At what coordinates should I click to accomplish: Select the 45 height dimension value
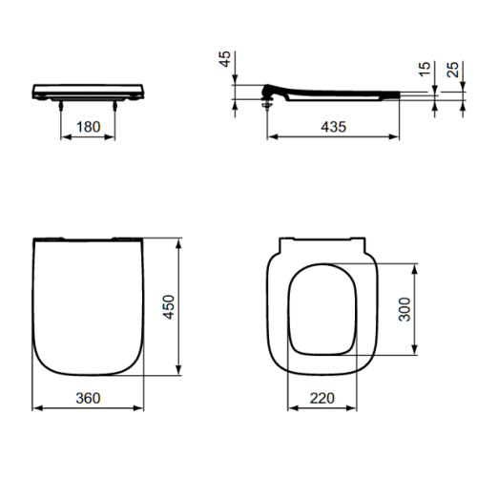(225, 62)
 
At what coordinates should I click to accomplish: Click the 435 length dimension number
(332, 127)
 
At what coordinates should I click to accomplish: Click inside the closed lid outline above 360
(88, 305)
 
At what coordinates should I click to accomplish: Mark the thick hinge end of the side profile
(271, 92)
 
